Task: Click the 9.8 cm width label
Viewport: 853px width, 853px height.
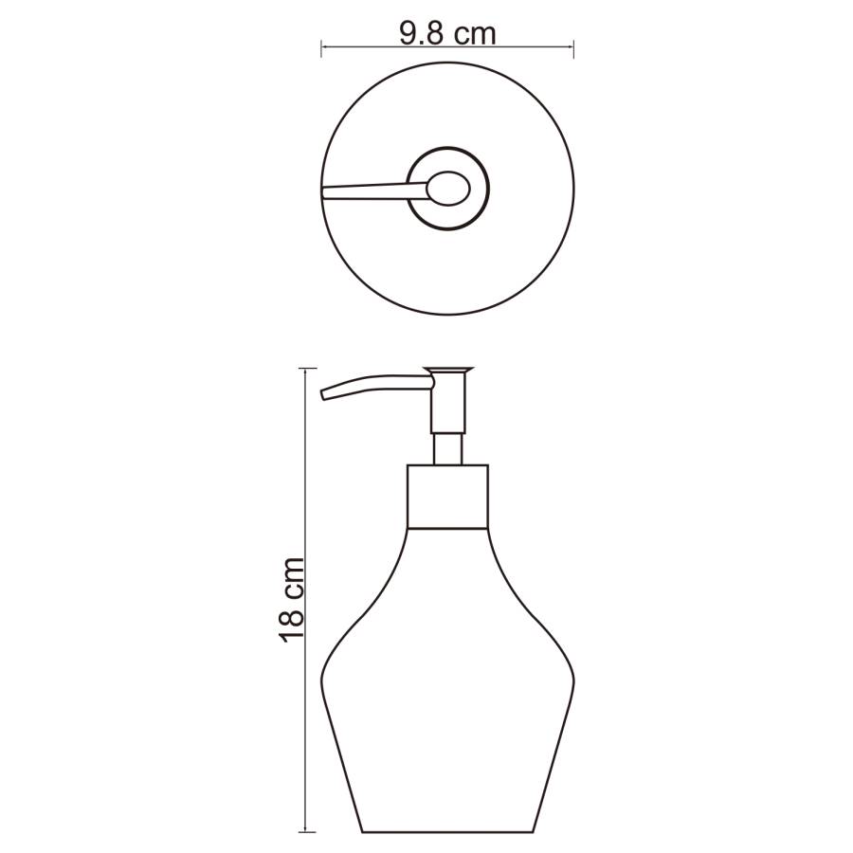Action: tap(447, 34)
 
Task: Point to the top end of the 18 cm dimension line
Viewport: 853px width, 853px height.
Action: tap(305, 368)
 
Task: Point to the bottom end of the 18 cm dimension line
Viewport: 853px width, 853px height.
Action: tap(305, 831)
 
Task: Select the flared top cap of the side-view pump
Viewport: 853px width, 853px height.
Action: tap(448, 371)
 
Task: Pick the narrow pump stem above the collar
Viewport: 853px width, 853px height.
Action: tap(448, 448)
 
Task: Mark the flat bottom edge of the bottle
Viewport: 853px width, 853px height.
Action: tap(448, 831)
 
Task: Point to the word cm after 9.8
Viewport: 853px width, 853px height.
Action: tap(473, 35)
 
